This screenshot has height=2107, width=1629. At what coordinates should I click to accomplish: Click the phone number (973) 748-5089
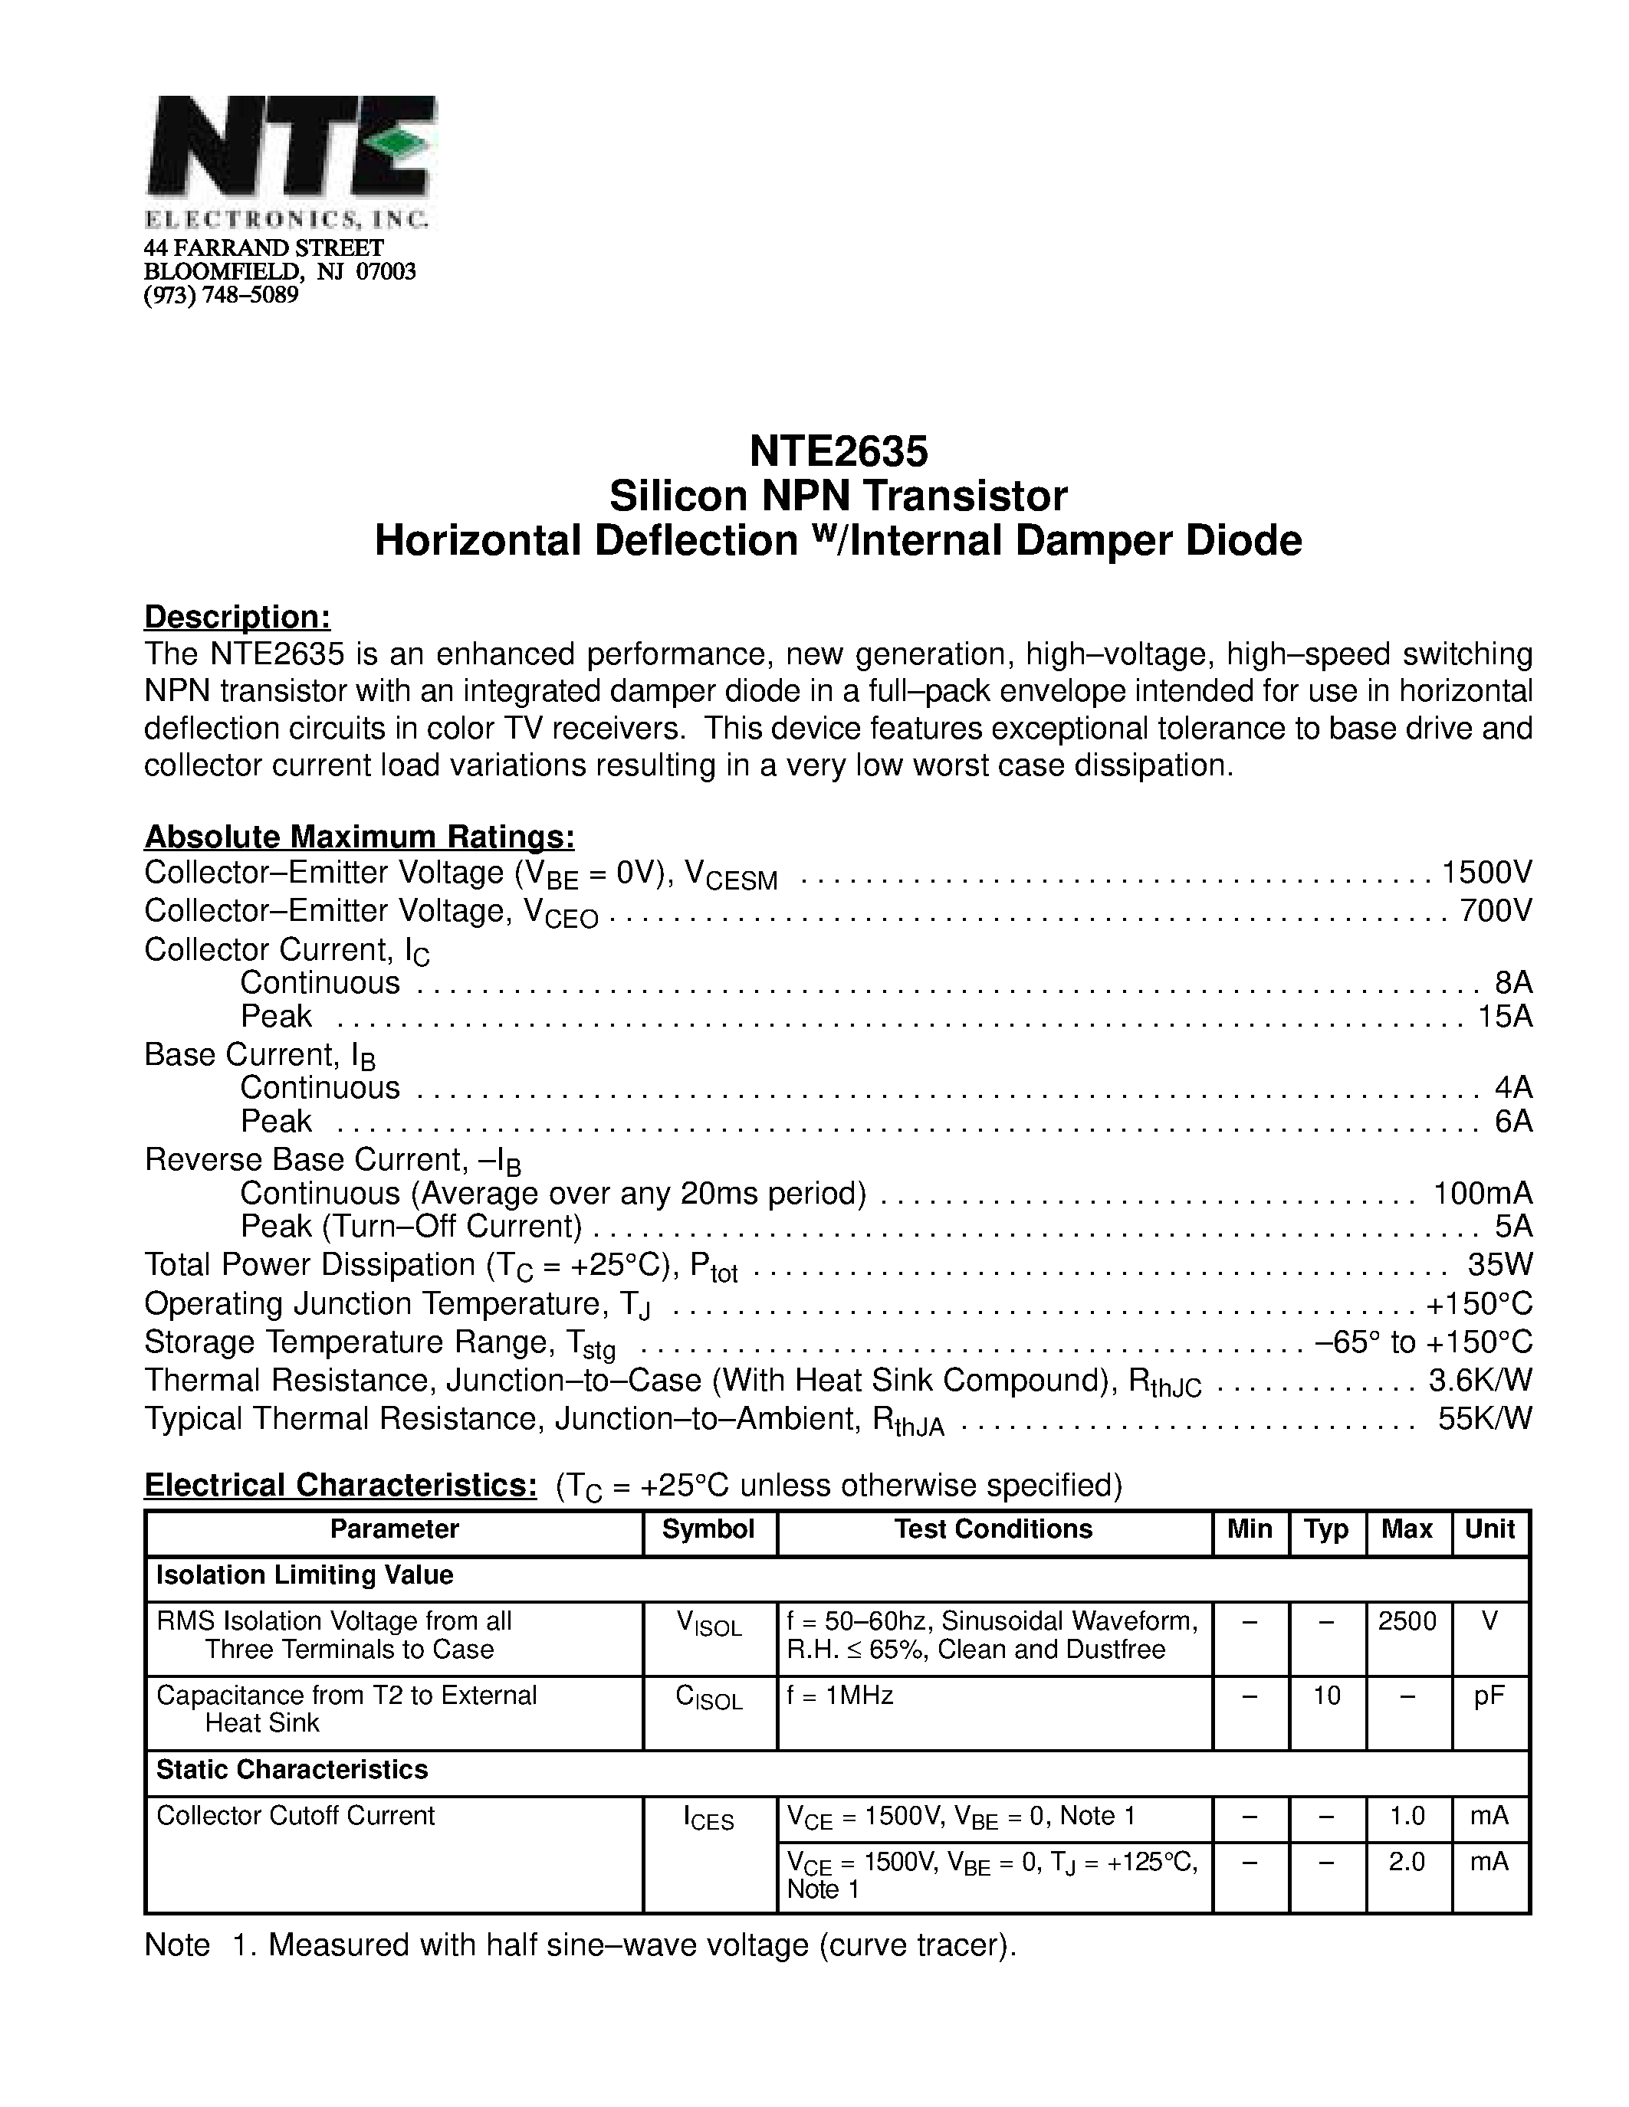pyautogui.click(x=221, y=295)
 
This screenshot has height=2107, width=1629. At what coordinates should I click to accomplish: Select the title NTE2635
pyautogui.click(x=838, y=451)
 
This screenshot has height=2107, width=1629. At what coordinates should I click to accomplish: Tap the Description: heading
pyautogui.click(x=238, y=617)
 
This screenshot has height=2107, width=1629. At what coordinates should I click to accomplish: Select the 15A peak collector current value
pyautogui.click(x=1505, y=1016)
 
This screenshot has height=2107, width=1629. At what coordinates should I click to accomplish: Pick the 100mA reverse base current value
pyautogui.click(x=1483, y=1194)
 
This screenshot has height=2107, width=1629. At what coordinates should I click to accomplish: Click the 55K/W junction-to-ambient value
pyautogui.click(x=1484, y=1418)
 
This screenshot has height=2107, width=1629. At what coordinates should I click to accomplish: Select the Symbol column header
pyautogui.click(x=708, y=1529)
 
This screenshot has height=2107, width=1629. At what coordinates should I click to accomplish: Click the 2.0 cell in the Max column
pyautogui.click(x=1406, y=1861)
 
